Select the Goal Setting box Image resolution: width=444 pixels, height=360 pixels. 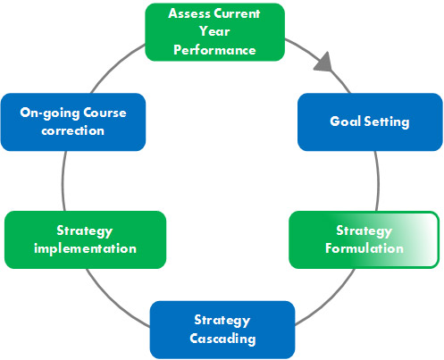coord(370,121)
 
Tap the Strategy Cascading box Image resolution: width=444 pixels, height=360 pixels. coord(222,330)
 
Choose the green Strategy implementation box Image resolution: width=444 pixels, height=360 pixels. coord(85,239)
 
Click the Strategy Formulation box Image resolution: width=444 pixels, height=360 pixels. coord(364,239)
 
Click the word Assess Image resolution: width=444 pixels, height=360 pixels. coord(190,15)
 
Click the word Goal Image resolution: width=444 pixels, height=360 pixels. coord(346,121)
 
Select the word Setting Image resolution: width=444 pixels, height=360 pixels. coord(387,121)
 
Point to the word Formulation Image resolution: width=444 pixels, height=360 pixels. coord(364,248)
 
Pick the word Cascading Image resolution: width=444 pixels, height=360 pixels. coord(222,339)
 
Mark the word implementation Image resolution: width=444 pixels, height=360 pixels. coord(85,248)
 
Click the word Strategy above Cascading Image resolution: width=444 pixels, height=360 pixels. coord(222,321)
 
